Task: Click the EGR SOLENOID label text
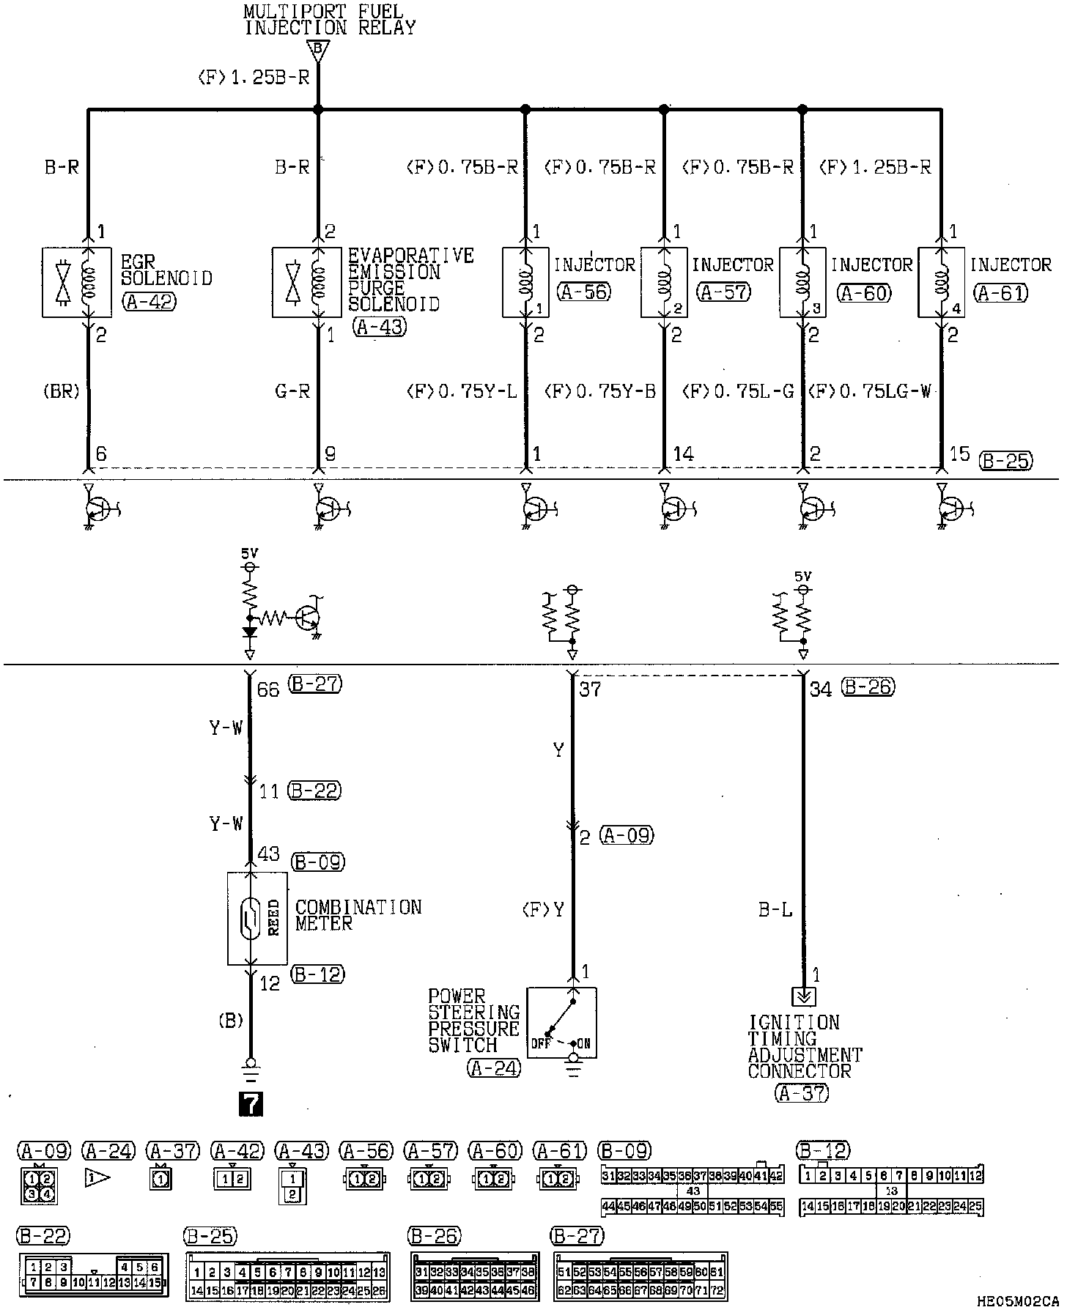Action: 166,270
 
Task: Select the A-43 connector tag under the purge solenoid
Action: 378,327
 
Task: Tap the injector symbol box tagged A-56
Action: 525,282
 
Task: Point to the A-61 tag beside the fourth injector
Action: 1001,293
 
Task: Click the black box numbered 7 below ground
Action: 251,1103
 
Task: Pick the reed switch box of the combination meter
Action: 257,918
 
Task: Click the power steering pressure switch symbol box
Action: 562,1024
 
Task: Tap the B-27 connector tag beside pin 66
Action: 316,684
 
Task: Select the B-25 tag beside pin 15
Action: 1005,460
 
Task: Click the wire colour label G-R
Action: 292,391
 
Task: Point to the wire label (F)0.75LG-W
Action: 870,391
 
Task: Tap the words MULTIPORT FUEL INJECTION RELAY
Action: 329,20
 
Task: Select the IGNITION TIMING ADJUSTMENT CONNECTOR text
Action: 805,1046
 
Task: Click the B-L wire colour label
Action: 775,911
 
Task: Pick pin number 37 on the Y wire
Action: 590,689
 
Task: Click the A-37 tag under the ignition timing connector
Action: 801,1093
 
